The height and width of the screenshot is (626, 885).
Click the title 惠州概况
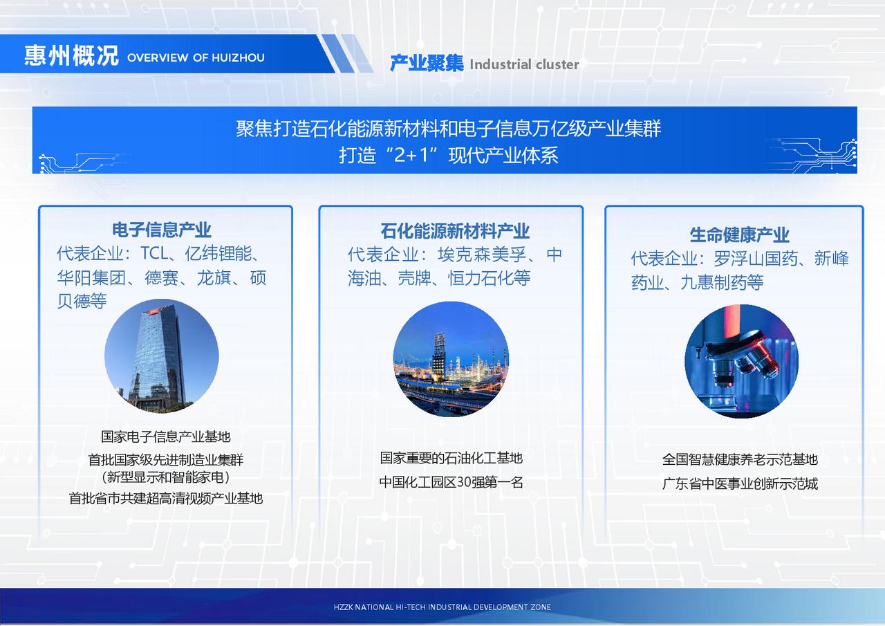tap(71, 55)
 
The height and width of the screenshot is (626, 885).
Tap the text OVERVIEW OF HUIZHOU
tap(196, 57)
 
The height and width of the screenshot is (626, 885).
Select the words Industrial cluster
tap(524, 64)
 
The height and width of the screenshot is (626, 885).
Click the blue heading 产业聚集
tap(427, 63)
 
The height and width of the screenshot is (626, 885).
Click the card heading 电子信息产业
tap(162, 230)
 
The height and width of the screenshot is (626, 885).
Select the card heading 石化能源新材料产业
tap(455, 231)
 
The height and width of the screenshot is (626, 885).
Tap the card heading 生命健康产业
tap(739, 234)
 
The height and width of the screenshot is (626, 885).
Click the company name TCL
tap(155, 253)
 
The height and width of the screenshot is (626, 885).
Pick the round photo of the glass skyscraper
tap(162, 356)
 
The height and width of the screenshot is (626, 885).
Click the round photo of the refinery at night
tap(451, 359)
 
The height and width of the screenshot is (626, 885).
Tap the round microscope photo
tap(742, 361)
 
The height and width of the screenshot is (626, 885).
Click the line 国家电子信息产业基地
tap(165, 436)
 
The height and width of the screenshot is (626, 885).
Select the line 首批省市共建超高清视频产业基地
tap(165, 498)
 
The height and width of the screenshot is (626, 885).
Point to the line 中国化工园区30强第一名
tap(451, 482)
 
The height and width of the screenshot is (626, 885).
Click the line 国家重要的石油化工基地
tap(451, 458)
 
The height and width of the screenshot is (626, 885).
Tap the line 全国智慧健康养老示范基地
tap(740, 459)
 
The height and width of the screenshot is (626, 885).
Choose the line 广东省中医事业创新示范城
tap(740, 484)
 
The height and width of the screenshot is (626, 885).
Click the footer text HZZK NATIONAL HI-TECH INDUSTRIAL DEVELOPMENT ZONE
tap(442, 607)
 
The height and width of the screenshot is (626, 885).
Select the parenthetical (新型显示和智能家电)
tap(165, 477)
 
